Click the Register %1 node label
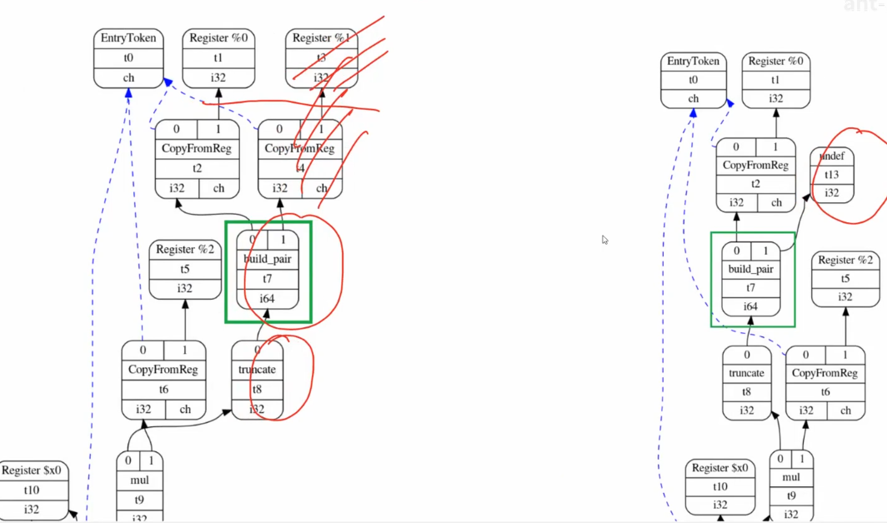click(x=320, y=38)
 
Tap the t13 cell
click(x=831, y=175)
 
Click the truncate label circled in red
click(x=257, y=370)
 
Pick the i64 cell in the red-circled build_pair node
click(x=267, y=298)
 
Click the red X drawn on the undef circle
click(x=859, y=133)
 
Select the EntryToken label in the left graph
click(x=128, y=38)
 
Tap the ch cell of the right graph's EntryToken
click(x=693, y=98)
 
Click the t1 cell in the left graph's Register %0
click(x=218, y=57)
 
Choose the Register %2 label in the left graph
click(x=184, y=249)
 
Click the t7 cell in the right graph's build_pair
click(x=751, y=288)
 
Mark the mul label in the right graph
click(x=791, y=477)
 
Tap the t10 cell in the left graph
click(x=32, y=490)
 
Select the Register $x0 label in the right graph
click(x=720, y=468)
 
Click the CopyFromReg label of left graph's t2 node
click(x=198, y=148)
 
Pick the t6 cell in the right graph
click(x=824, y=392)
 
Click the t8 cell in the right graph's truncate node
click(x=747, y=392)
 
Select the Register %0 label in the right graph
click(x=776, y=61)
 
